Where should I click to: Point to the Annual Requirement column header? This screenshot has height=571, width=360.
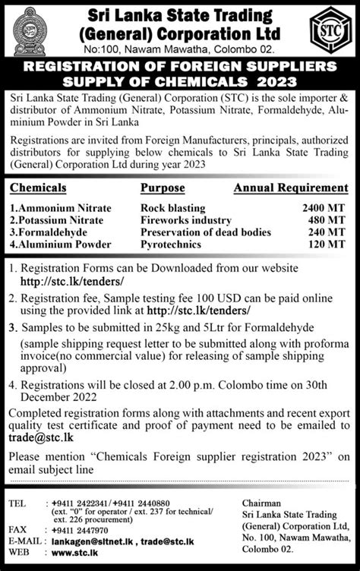click(x=291, y=187)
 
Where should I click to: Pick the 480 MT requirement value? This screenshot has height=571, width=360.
click(x=328, y=220)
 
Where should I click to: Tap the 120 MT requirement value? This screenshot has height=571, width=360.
click(x=328, y=245)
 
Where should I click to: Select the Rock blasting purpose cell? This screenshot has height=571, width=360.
click(x=172, y=207)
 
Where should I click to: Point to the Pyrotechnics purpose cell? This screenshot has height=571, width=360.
click(x=172, y=245)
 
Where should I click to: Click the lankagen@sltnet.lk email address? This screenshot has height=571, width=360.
click(x=93, y=544)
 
